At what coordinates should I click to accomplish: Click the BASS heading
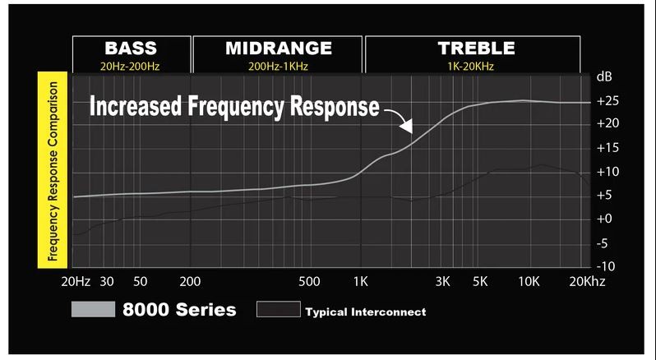[x=132, y=48]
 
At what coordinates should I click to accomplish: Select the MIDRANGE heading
[x=279, y=48]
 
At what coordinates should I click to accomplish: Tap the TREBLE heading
[x=476, y=48]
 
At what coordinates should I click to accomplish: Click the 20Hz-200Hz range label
[x=132, y=66]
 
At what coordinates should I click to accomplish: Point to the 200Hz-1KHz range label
[x=279, y=66]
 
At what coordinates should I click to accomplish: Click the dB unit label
[x=604, y=77]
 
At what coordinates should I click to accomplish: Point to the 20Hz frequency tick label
[x=76, y=281]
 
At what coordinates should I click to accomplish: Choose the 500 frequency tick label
[x=309, y=281]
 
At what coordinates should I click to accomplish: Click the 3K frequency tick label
[x=443, y=281]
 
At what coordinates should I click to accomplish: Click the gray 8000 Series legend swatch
[x=93, y=310]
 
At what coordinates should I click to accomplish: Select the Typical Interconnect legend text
[x=365, y=312]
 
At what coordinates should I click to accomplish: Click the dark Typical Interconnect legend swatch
[x=278, y=309]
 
